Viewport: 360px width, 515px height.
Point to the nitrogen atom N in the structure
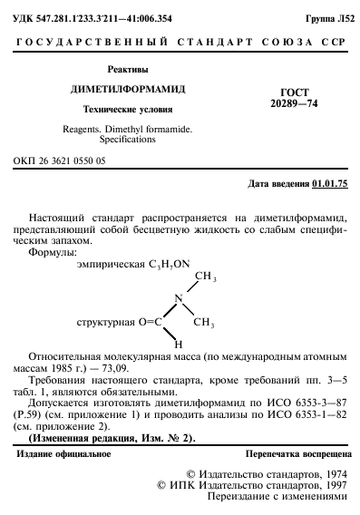tap(179, 298)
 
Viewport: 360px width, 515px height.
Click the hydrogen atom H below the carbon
tap(179, 345)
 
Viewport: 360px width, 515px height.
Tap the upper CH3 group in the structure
tap(204, 277)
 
